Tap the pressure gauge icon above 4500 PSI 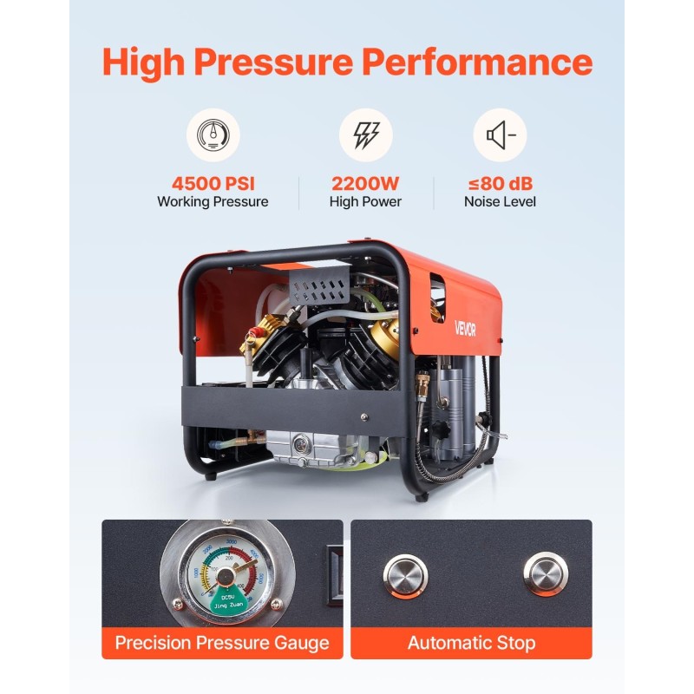[x=213, y=134]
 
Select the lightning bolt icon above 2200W [x=365, y=134]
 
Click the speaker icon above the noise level [x=500, y=134]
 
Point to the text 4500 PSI [x=213, y=183]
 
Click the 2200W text [x=365, y=183]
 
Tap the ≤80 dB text [x=500, y=183]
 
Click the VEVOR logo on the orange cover [x=467, y=328]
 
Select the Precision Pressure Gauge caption [x=222, y=643]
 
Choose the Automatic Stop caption [x=471, y=643]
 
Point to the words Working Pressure [x=213, y=202]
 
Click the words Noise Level [x=500, y=202]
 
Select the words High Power [x=365, y=202]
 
